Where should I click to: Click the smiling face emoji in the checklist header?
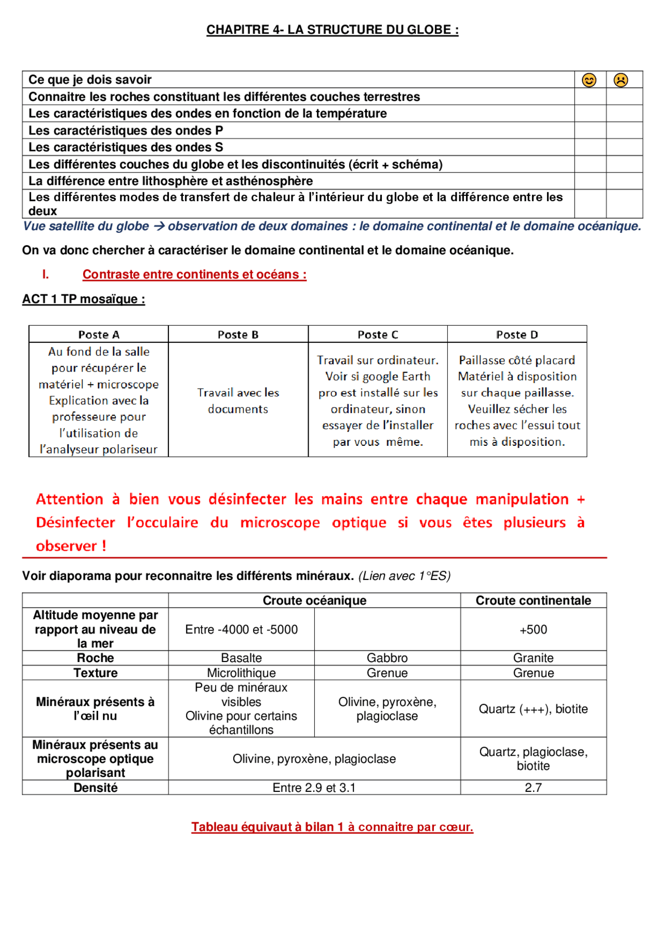coord(589,80)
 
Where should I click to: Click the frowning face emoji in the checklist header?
coord(621,80)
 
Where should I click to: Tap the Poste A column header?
coord(99,335)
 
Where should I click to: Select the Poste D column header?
coord(517,335)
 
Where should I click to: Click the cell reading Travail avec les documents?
coord(238,401)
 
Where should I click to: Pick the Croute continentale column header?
coord(533,601)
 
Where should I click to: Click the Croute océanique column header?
coord(314,601)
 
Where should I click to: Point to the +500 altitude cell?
coord(533,630)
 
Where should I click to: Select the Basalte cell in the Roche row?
coord(241,658)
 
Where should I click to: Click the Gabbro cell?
coord(387,658)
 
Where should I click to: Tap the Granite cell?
coord(533,658)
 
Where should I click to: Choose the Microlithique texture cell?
coord(241,673)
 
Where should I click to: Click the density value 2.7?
coord(533,788)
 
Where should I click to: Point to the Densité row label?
coord(96,788)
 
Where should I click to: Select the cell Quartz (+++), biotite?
coord(533,709)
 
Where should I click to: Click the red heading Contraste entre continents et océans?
coord(194,275)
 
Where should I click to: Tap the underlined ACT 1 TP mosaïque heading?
coord(83,299)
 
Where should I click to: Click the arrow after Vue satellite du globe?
coord(159,227)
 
